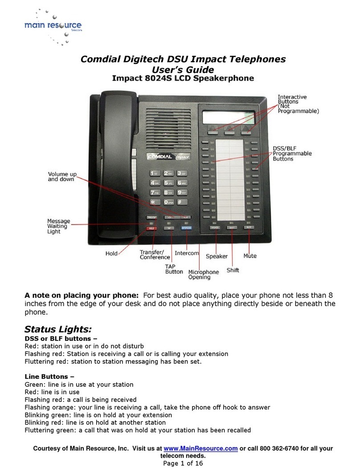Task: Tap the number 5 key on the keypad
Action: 169,183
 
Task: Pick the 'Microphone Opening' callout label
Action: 204,274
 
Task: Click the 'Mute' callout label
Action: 250,256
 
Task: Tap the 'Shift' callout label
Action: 233,270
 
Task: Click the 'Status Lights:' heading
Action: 57,330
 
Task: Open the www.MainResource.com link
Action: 200,449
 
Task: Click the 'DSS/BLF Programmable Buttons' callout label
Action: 292,153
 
